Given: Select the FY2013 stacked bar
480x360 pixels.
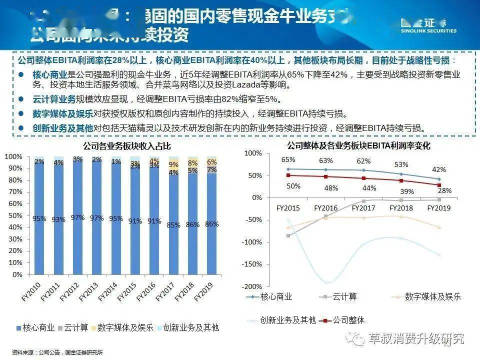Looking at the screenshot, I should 97,215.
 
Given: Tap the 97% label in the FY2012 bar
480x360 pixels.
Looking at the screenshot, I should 78,217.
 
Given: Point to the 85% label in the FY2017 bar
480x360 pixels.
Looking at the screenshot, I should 173,225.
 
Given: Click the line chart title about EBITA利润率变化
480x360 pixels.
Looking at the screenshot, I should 358,146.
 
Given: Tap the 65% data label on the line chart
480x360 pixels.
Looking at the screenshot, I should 288,160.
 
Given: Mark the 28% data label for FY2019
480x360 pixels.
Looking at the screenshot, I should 444,190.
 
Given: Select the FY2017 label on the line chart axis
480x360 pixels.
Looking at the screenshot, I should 364,207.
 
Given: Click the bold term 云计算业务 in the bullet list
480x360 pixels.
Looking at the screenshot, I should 54,99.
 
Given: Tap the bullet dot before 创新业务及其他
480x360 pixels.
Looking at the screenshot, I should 21,127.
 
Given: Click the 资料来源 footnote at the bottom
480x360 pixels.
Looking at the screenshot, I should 57,352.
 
